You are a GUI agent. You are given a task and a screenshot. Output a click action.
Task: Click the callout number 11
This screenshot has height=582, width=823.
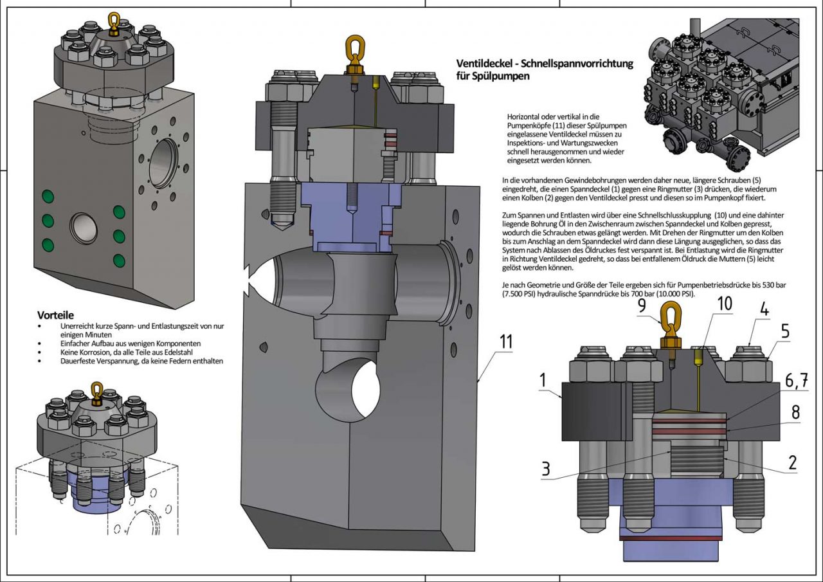coord(506,341)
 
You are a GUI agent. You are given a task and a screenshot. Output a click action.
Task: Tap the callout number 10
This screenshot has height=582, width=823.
coord(724,304)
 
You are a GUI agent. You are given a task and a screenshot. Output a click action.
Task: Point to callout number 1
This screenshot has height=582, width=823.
coord(543,380)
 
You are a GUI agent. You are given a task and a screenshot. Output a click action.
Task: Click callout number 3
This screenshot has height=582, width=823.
coord(545,469)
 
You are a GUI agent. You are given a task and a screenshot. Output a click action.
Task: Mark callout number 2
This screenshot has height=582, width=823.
coord(792,462)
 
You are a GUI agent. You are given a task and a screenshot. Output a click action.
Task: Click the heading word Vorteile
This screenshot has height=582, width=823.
coord(56,315)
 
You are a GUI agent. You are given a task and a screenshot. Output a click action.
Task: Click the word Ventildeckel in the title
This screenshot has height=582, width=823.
coord(484,64)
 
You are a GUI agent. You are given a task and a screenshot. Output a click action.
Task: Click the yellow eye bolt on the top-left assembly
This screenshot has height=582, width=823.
coord(114,23)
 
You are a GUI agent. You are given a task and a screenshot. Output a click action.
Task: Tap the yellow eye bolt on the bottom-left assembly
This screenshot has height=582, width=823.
coord(96,391)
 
